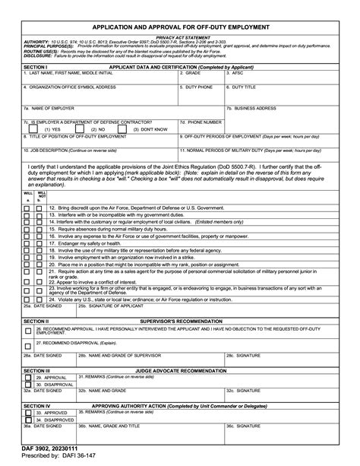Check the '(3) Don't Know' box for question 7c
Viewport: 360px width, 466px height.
tap(128, 129)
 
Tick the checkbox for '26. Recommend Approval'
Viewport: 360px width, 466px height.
tap(28, 331)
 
